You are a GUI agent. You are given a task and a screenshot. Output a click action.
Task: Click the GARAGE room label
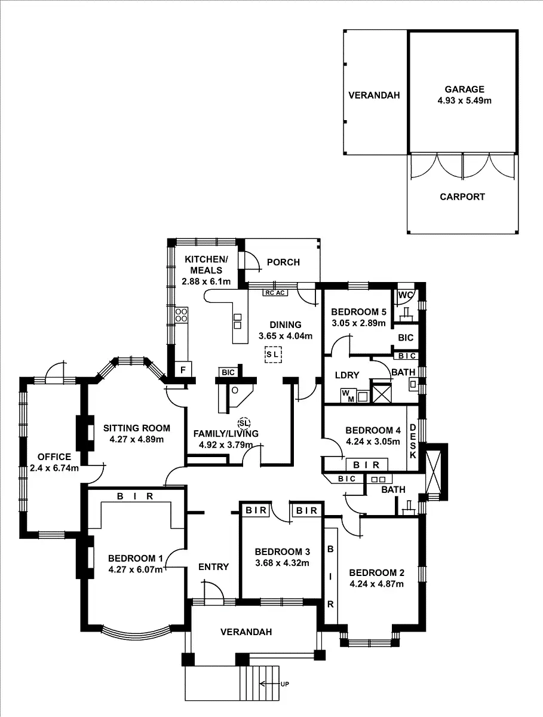click(464, 90)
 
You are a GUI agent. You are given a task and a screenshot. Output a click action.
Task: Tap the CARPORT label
click(462, 197)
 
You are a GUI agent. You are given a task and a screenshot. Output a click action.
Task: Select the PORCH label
click(283, 262)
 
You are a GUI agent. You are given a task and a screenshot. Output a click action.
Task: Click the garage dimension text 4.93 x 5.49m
click(464, 101)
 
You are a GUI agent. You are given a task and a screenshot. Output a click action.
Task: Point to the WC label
click(406, 295)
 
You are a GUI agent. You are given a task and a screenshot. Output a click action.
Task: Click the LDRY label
click(347, 375)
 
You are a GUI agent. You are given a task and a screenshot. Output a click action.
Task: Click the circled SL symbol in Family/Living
click(244, 422)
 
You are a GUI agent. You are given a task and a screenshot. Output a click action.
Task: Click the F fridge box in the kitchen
click(183, 370)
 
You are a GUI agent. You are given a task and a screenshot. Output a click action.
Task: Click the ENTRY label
click(213, 566)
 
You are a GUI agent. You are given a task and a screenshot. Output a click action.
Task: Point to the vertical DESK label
click(413, 442)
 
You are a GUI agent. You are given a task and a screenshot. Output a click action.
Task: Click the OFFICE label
click(54, 457)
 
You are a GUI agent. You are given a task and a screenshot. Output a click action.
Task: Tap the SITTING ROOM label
click(136, 428)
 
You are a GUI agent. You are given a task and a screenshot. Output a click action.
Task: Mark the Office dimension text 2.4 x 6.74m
click(54, 468)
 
